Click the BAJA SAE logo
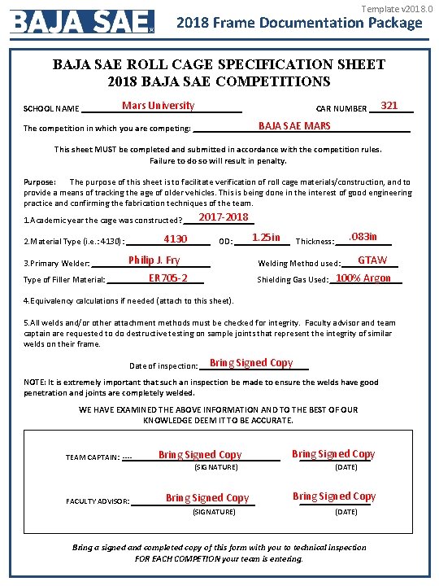[x=82, y=21]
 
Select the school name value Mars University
[x=158, y=106]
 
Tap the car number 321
[x=389, y=106]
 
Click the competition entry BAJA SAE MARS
[x=294, y=126]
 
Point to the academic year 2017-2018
[x=224, y=217]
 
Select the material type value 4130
[x=176, y=239]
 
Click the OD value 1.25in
[x=266, y=238]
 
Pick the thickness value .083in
[x=363, y=237]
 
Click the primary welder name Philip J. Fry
[x=154, y=260]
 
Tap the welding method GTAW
[x=372, y=260]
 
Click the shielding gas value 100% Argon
[x=363, y=278]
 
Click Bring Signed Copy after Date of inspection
[x=251, y=363]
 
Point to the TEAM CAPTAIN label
[x=92, y=457]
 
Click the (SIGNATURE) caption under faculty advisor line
[x=215, y=512]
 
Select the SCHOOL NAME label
[x=51, y=108]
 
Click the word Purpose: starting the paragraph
[x=40, y=182]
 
